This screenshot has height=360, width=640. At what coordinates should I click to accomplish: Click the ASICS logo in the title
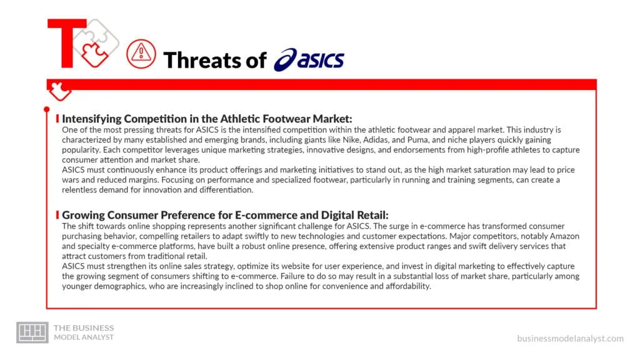(x=309, y=60)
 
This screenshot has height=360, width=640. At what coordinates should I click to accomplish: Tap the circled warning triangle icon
(x=141, y=54)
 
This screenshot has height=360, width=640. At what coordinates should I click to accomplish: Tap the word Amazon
(x=561, y=236)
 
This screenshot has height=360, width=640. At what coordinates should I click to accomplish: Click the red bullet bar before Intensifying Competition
(x=57, y=118)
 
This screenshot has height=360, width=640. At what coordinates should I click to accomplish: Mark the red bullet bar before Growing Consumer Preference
(x=57, y=214)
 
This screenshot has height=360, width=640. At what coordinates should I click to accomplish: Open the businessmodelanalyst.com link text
(x=570, y=338)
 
